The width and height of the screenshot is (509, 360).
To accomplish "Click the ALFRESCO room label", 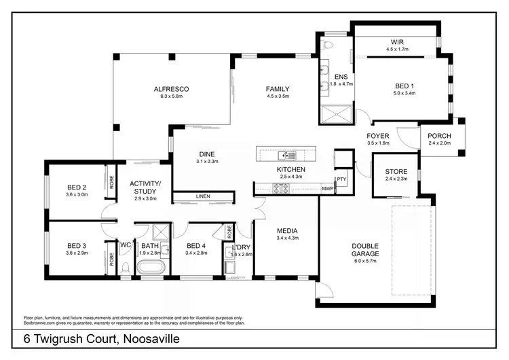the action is click(x=170, y=89).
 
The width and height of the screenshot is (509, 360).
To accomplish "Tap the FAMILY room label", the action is click(x=278, y=89).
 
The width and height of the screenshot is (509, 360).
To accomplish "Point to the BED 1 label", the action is click(x=404, y=86).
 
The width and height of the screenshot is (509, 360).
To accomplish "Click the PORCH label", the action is click(x=439, y=136).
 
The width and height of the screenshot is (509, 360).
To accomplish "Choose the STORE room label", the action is click(x=396, y=171).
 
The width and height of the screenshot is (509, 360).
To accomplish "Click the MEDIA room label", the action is click(x=288, y=230).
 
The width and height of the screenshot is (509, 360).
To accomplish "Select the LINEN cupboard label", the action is click(x=203, y=197).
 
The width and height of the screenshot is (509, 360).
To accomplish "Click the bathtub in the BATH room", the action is click(x=150, y=268).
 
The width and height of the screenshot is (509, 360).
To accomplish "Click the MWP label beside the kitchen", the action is click(x=328, y=188).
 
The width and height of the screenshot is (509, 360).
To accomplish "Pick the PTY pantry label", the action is click(x=341, y=180).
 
